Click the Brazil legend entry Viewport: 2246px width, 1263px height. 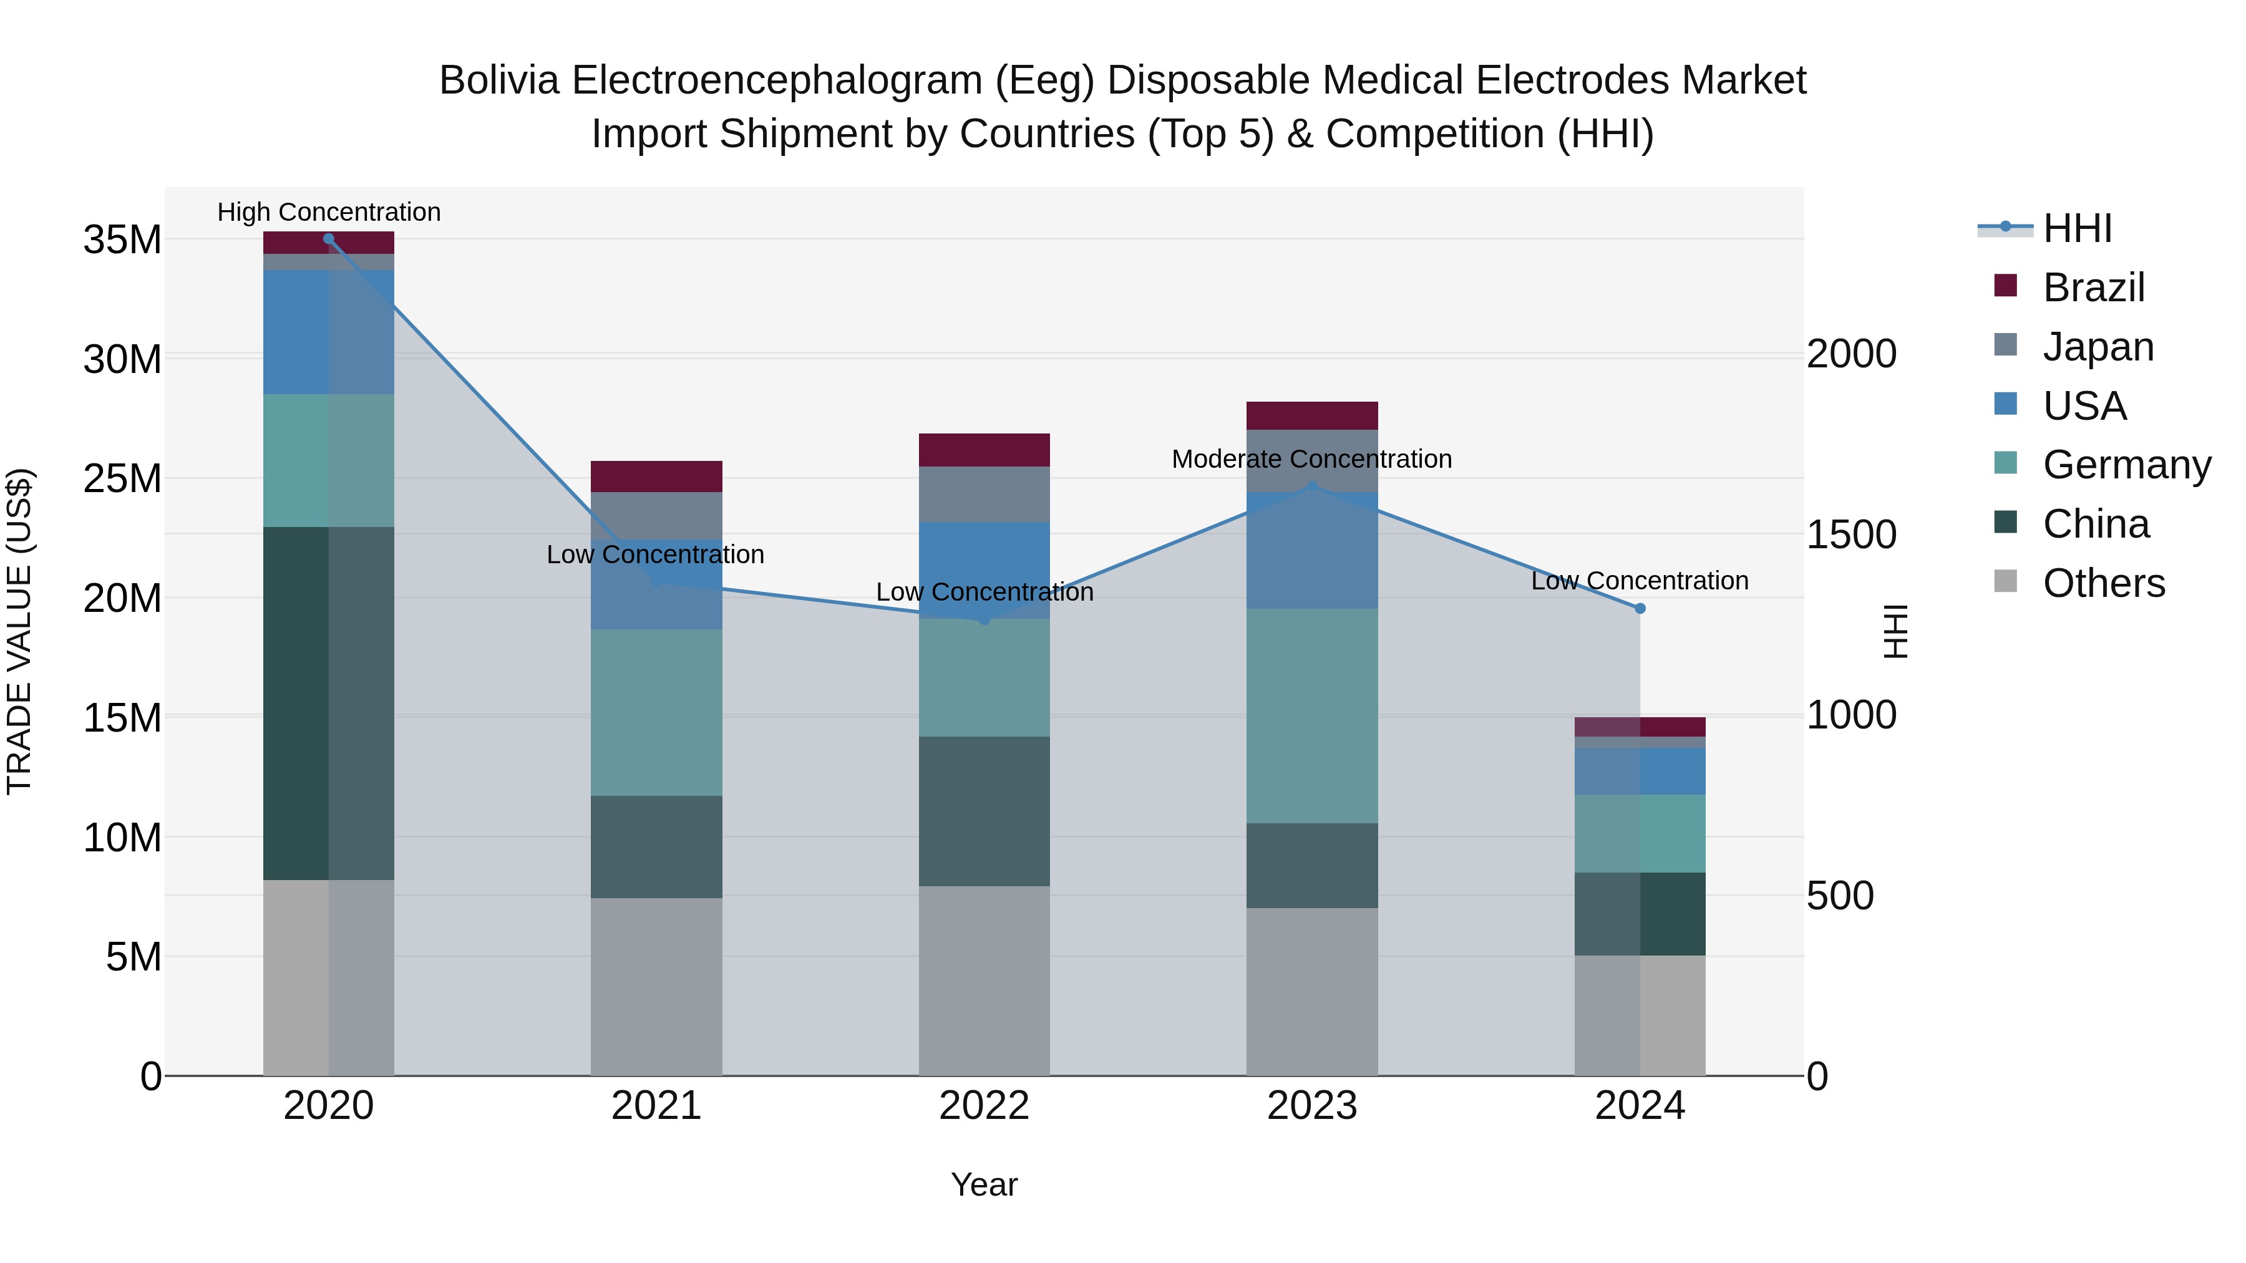point(2093,288)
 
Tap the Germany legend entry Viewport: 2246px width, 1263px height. point(2126,465)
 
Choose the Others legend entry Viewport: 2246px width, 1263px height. point(2103,583)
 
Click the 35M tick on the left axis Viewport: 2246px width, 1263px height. point(122,240)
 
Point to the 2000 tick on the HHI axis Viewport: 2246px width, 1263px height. point(1851,354)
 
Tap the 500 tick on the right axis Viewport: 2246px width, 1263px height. point(1840,896)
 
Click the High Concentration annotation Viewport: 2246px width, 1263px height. point(329,212)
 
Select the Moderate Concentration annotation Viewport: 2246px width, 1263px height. point(1311,458)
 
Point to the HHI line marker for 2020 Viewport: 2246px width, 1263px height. point(329,239)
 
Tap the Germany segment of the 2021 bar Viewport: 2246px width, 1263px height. point(656,712)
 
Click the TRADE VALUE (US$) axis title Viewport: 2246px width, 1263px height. point(19,631)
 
